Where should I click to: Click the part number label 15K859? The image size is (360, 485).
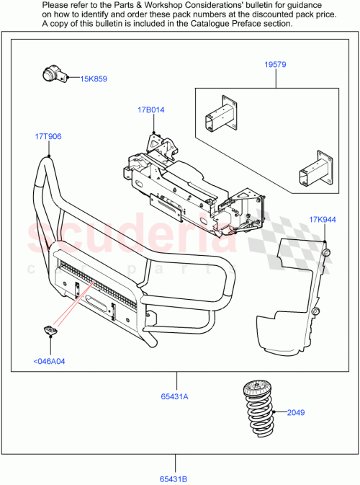[x=94, y=78]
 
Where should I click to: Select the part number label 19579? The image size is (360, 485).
[x=275, y=65]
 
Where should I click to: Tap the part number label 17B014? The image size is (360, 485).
[x=151, y=110]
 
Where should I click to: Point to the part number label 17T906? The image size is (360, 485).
[x=48, y=136]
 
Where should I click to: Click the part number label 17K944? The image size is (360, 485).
[x=324, y=219]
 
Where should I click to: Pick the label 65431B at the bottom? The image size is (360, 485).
[x=175, y=479]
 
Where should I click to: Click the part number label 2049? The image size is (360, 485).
[x=297, y=412]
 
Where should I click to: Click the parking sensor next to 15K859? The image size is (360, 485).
[x=53, y=72]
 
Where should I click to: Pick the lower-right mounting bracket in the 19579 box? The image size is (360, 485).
[x=310, y=171]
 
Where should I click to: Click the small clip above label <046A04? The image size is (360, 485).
[x=50, y=330]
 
